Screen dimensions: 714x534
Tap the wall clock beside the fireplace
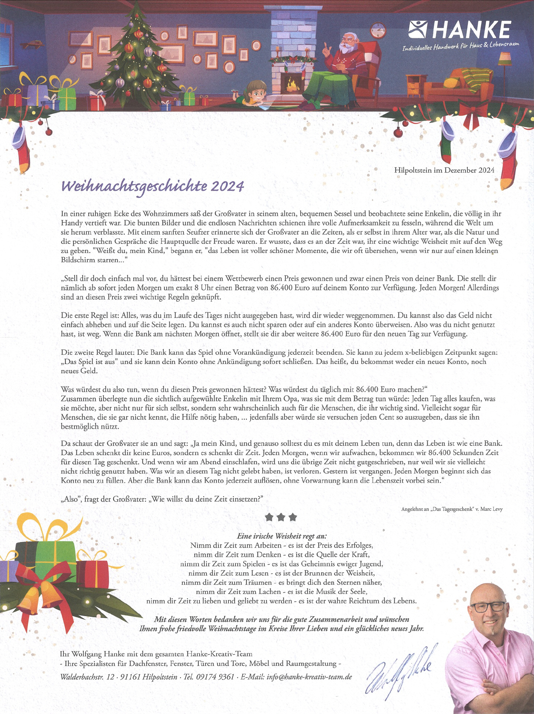[378, 30]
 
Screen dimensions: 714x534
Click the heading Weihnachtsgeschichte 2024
[153, 186]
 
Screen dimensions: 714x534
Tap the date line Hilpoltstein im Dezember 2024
[444, 170]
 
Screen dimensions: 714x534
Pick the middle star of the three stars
[281, 517]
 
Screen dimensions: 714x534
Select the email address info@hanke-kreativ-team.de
[309, 677]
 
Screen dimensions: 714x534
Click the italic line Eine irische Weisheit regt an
[282, 536]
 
